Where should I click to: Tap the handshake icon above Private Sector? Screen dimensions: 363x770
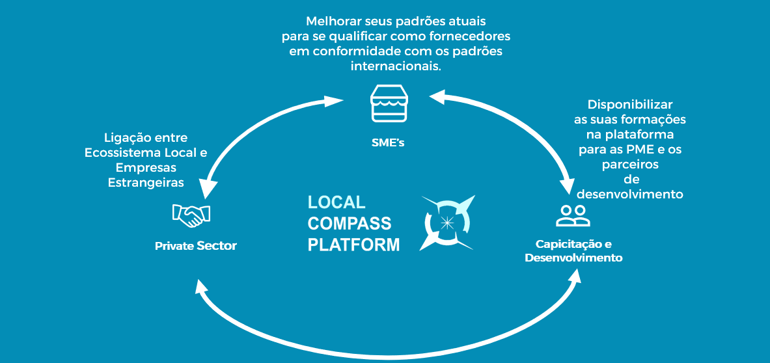pos(191,215)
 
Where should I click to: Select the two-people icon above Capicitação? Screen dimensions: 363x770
pos(573,215)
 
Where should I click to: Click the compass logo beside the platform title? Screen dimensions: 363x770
pos(448,223)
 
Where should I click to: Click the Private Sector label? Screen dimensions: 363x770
pos(195,247)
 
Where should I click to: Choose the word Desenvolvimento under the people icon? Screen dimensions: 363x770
pos(573,258)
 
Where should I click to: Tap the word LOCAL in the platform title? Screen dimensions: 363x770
pos(337,202)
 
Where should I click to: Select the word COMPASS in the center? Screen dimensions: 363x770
pos(350,224)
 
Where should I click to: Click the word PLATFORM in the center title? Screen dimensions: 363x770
pos(353,245)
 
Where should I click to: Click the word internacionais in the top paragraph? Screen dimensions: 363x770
pos(396,66)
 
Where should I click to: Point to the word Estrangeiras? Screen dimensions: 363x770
pos(146,183)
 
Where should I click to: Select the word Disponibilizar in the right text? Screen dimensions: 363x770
pos(629,105)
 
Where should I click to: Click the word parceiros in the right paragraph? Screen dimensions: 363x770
pos(629,165)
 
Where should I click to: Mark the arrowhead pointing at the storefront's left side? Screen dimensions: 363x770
pos(335,101)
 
